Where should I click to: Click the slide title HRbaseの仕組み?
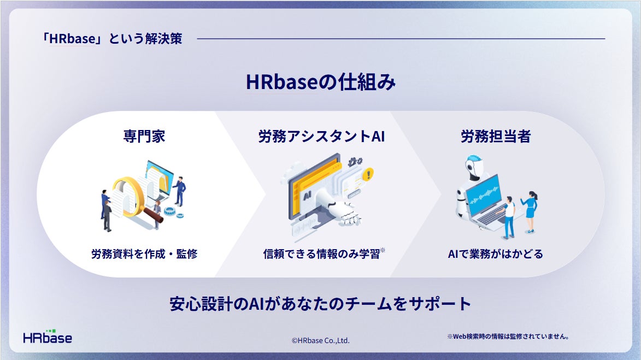pyautogui.click(x=320, y=82)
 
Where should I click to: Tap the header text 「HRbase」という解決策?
pyautogui.click(x=113, y=39)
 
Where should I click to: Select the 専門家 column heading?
pyautogui.click(x=144, y=136)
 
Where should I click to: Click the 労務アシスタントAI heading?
pyautogui.click(x=321, y=136)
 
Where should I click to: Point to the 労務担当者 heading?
pyautogui.click(x=496, y=136)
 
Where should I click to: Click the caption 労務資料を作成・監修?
pyautogui.click(x=144, y=254)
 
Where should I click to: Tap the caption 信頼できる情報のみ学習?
pyautogui.click(x=322, y=254)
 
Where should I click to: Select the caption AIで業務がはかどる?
pyautogui.click(x=496, y=254)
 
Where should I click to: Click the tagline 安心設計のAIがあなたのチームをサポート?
pyautogui.click(x=320, y=304)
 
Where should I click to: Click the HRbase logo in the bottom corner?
pyautogui.click(x=48, y=337)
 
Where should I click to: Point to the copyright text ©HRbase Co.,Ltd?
pyautogui.click(x=320, y=340)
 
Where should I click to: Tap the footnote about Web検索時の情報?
pyautogui.click(x=508, y=337)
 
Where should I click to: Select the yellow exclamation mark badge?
pyautogui.click(x=368, y=174)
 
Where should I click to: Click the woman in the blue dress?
pyautogui.click(x=530, y=211)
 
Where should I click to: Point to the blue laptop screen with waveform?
pyautogui.click(x=484, y=196)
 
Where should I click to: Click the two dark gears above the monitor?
pyautogui.click(x=355, y=162)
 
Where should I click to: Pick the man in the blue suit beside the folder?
pyautogui.click(x=179, y=191)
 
